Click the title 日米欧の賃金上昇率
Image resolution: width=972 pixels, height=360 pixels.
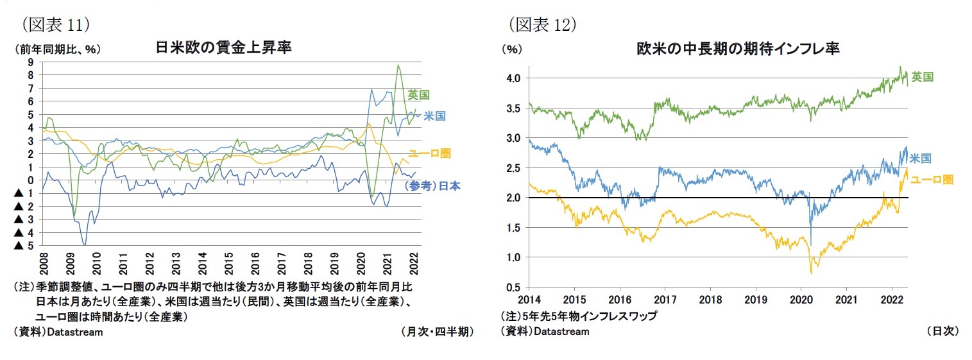pos(223,48)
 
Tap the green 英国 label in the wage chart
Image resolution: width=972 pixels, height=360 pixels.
pos(418,95)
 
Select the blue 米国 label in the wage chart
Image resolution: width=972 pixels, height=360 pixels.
pos(434,116)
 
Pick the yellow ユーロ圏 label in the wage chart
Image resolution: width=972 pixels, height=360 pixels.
pos(429,153)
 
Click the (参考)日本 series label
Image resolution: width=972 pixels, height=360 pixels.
pos(432,186)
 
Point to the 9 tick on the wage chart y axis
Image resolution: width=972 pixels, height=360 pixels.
pos(30,62)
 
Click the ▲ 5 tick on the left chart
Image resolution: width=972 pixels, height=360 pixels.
pos(26,245)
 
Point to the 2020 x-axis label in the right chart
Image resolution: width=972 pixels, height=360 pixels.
pos(801,300)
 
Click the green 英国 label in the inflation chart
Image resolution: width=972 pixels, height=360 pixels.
pos(922,77)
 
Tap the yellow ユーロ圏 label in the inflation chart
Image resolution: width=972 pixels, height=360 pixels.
pos(932,180)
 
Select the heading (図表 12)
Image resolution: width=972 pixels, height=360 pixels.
pos(542,24)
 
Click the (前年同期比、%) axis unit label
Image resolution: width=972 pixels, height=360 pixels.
pos(55,49)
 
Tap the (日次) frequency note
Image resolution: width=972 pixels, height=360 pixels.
pos(942,332)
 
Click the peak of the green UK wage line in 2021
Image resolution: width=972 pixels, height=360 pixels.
pos(398,65)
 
